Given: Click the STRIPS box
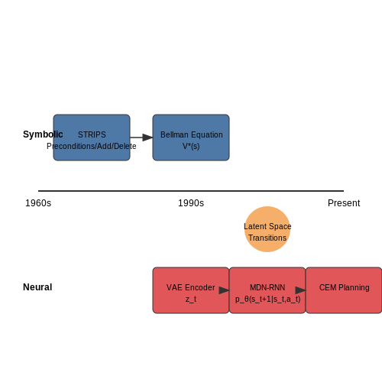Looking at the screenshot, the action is pyautogui.click(x=92, y=138).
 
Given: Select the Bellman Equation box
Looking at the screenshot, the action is pyautogui.click(x=191, y=138).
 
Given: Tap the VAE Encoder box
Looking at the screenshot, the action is pyautogui.click(x=191, y=290).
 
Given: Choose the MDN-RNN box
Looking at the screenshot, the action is pyautogui.click(x=267, y=290).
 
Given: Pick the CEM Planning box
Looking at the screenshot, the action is pyautogui.click(x=344, y=290).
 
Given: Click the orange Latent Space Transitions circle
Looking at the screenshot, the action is pyautogui.click(x=267, y=229).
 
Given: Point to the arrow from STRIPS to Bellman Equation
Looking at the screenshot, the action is pyautogui.click(x=141, y=138).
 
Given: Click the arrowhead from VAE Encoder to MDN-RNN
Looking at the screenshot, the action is pyautogui.click(x=224, y=290).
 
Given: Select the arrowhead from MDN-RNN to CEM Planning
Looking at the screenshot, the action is pyautogui.click(x=300, y=290).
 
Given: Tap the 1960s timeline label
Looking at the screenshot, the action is pyautogui.click(x=38, y=203).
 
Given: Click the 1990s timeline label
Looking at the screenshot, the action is pyautogui.click(x=191, y=203).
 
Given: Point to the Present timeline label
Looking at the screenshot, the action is pyautogui.click(x=344, y=203).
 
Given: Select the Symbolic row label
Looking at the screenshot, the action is pyautogui.click(x=43, y=134).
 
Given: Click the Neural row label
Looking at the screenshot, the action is pyautogui.click(x=37, y=287).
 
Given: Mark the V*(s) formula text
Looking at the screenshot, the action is pyautogui.click(x=191, y=146).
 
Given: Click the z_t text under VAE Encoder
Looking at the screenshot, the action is pyautogui.click(x=191, y=299).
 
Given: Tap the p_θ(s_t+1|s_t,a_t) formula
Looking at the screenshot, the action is pyautogui.click(x=268, y=299).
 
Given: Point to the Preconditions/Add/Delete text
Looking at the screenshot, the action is pyautogui.click(x=92, y=146).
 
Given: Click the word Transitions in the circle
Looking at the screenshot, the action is pyautogui.click(x=267, y=238).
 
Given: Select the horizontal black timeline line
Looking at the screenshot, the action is pyautogui.click(x=191, y=191).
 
